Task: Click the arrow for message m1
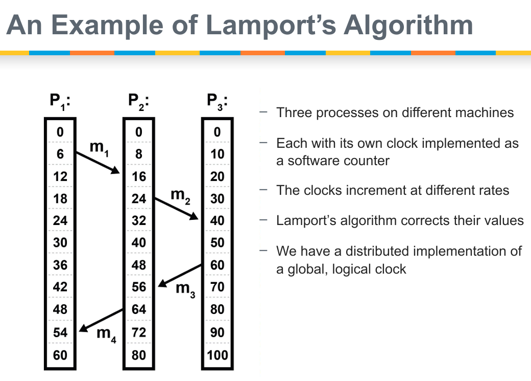point(97,163)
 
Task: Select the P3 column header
point(217,100)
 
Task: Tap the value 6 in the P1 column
point(60,154)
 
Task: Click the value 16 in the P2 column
point(139,176)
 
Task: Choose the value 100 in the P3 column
point(218,354)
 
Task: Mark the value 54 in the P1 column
point(60,332)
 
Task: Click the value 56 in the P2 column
point(139,287)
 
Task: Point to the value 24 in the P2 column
point(139,198)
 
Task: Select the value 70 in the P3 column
point(218,287)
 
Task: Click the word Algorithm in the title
point(408,26)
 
